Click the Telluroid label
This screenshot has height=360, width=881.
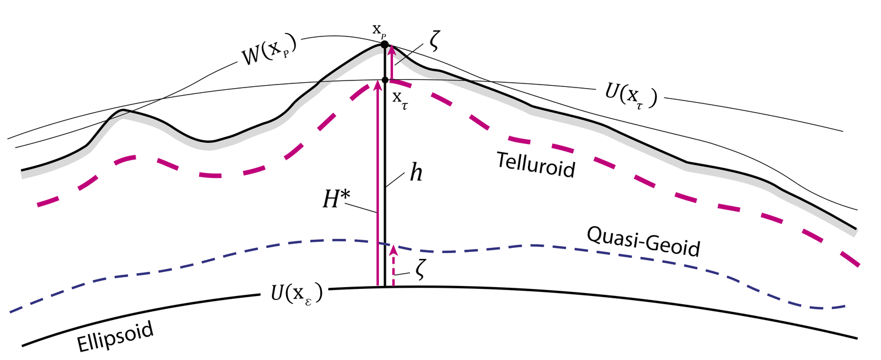[535, 164]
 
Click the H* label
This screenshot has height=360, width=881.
[332, 201]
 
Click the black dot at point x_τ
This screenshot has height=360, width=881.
[385, 80]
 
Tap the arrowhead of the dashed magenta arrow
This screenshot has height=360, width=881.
[394, 250]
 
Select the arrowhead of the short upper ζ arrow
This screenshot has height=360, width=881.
[391, 51]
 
